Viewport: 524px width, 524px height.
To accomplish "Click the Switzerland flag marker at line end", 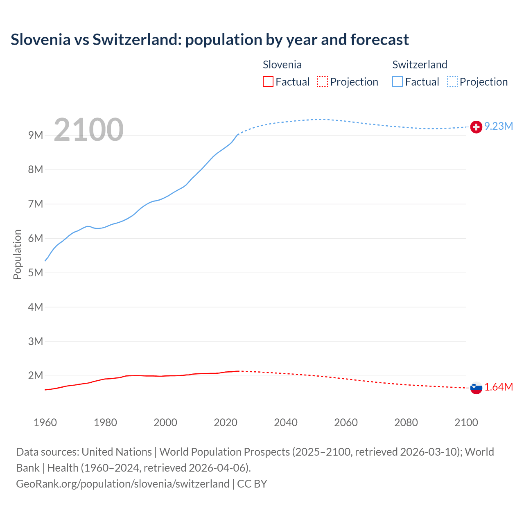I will [476, 127].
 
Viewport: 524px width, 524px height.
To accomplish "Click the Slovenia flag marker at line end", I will [476, 388].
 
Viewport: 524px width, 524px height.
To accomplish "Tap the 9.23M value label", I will [499, 126].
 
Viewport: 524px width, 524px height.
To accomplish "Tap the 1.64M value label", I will [499, 387].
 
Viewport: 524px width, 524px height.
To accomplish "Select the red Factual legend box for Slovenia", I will [268, 82].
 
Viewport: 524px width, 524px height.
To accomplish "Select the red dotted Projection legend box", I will [323, 82].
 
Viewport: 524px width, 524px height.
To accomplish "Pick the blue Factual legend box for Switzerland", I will [398, 82].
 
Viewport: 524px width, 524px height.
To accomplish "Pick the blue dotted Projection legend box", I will [452, 82].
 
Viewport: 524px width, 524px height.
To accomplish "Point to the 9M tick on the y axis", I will [36, 135].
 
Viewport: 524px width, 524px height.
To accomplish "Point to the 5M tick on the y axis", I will [36, 273].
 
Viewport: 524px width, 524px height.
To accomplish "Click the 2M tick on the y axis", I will [36, 375].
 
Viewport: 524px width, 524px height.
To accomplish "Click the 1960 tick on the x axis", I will [45, 422].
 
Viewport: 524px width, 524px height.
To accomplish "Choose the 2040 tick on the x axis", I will [286, 422].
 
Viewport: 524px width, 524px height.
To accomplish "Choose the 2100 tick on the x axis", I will [466, 422].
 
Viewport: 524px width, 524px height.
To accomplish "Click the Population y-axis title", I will [17, 254].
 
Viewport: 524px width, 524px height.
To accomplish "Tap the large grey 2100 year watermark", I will [88, 130].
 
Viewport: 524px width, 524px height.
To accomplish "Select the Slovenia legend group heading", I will [282, 65].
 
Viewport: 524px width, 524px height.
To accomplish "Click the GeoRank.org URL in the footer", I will [122, 484].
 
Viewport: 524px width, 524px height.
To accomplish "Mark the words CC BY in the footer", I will [252, 484].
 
